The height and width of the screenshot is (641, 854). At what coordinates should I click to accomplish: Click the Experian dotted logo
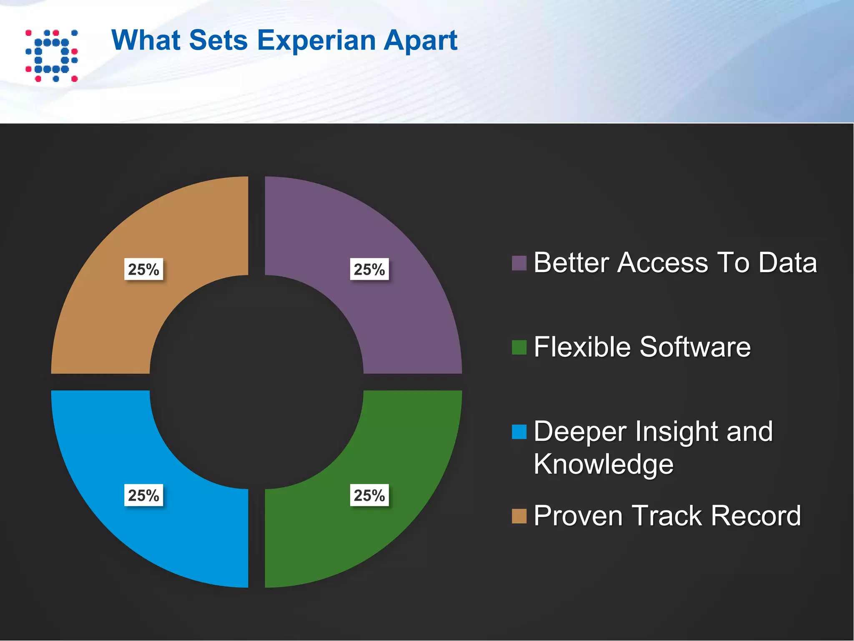click(x=51, y=56)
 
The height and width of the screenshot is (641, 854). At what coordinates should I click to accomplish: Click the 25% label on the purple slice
click(x=369, y=269)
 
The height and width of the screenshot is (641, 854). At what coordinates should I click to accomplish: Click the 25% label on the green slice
click(x=369, y=495)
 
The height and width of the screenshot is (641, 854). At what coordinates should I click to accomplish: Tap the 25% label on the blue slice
click(x=143, y=495)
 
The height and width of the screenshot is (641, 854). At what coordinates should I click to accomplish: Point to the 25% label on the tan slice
click(x=143, y=269)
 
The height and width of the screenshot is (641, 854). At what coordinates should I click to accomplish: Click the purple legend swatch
click(x=519, y=263)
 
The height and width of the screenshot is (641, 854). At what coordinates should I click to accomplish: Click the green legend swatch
click(x=519, y=348)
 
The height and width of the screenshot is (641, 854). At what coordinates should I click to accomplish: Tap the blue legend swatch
click(x=519, y=432)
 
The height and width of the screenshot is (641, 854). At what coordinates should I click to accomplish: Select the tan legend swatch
click(x=519, y=516)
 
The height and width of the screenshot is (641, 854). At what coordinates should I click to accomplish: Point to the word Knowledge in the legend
click(x=603, y=464)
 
